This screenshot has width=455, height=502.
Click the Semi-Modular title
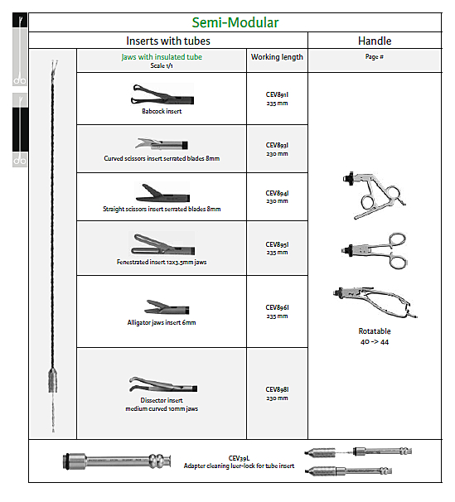[235, 22]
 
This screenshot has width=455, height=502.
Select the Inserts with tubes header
[168, 41]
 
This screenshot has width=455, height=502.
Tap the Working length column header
[277, 57]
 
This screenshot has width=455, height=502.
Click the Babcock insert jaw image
[162, 94]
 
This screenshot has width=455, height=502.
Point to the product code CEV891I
[277, 94]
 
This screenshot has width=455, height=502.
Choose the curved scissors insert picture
[162, 144]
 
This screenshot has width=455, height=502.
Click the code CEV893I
[277, 145]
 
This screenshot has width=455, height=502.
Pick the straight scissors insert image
[162, 193]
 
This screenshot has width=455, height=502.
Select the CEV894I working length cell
[277, 197]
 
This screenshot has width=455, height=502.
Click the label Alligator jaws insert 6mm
[162, 322]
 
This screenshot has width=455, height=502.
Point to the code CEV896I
[277, 307]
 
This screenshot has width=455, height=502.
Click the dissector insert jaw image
[163, 384]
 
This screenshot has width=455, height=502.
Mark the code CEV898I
[277, 389]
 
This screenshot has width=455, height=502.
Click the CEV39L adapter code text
[239, 458]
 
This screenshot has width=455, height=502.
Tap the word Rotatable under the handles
[375, 331]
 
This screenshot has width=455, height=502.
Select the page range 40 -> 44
[375, 342]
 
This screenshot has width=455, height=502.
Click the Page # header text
[375, 56]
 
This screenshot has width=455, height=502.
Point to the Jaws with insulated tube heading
[162, 57]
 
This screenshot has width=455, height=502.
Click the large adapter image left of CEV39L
[117, 461]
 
